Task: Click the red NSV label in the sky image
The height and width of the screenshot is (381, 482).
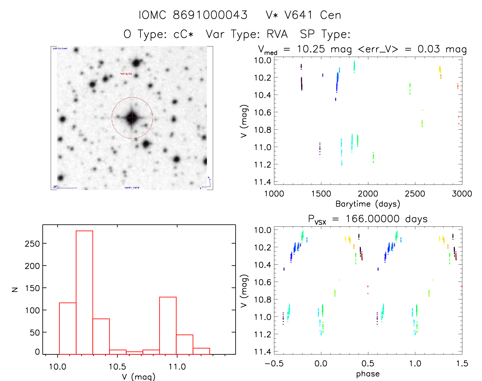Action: pyautogui.click(x=126, y=74)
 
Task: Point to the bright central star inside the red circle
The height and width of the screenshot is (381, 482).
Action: pyautogui.click(x=132, y=117)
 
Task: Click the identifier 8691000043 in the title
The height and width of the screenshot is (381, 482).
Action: pyautogui.click(x=210, y=15)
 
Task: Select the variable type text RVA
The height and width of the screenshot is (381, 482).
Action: pyautogui.click(x=277, y=34)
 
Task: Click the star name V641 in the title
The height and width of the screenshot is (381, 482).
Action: pyautogui.click(x=299, y=15)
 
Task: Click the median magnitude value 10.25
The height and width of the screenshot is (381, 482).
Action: pyautogui.click(x=311, y=49)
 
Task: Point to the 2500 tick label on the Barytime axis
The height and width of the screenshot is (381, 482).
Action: pyautogui.click(x=415, y=194)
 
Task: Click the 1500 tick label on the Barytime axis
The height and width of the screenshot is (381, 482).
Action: pyautogui.click(x=321, y=194)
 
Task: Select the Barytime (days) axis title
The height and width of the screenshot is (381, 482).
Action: pyautogui.click(x=368, y=204)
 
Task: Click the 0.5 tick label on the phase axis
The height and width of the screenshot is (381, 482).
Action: pyautogui.click(x=368, y=363)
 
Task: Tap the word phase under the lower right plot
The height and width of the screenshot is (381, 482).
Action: pyautogui.click(x=368, y=374)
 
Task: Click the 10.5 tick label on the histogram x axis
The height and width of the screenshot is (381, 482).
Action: pyautogui.click(x=117, y=367)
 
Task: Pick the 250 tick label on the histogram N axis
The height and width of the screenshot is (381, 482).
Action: pyautogui.click(x=32, y=244)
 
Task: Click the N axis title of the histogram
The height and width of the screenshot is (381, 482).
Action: pyautogui.click(x=15, y=289)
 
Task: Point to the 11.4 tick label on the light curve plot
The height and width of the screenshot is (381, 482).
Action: pyautogui.click(x=263, y=182)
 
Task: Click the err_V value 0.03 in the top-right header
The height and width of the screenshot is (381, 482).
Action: pyautogui.click(x=429, y=49)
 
